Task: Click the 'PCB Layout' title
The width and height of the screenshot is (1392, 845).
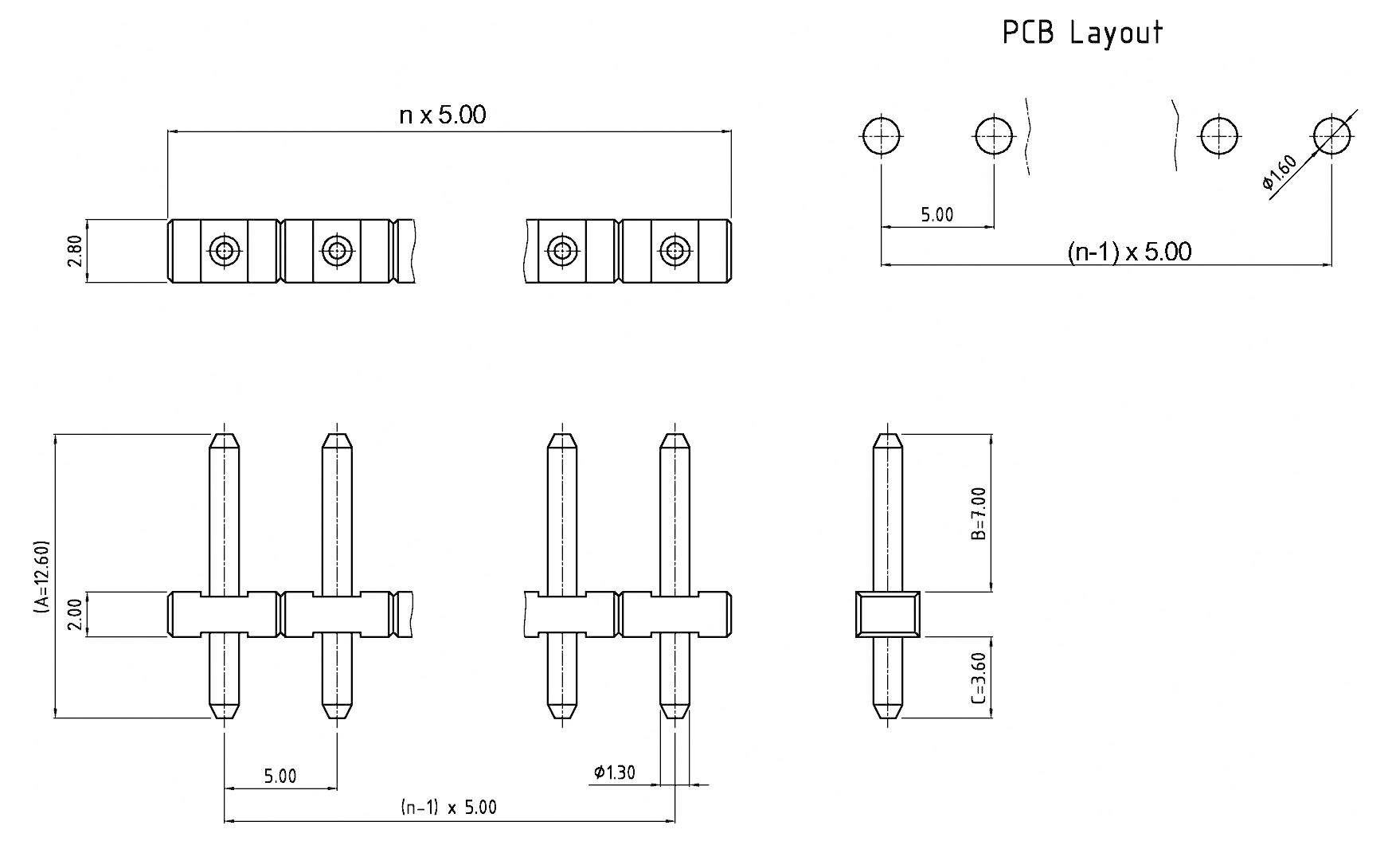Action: coord(1082,33)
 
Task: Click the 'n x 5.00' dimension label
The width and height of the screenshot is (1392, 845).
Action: coord(442,115)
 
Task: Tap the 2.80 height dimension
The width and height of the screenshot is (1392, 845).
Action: coord(75,250)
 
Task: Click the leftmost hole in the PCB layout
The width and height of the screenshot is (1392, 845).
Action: coord(882,137)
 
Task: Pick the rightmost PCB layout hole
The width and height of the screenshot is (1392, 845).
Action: coord(1332,136)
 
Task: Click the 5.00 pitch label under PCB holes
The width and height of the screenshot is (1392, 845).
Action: coord(936,214)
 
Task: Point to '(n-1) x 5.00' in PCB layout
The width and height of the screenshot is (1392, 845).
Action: coord(1129,252)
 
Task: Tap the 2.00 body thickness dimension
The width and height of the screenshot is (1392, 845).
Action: coord(75,615)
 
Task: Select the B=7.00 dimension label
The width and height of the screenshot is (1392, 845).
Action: coord(979,514)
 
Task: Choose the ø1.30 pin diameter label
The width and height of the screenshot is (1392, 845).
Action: coord(614,772)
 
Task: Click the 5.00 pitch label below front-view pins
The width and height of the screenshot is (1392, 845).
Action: coord(280,776)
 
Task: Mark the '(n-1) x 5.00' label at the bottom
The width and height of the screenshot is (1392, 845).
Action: coord(448,808)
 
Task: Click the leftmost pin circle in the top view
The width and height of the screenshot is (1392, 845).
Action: coord(225,251)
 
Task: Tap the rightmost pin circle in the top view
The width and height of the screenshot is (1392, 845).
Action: coord(674,251)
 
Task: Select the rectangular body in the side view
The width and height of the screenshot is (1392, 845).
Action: coord(887,614)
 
